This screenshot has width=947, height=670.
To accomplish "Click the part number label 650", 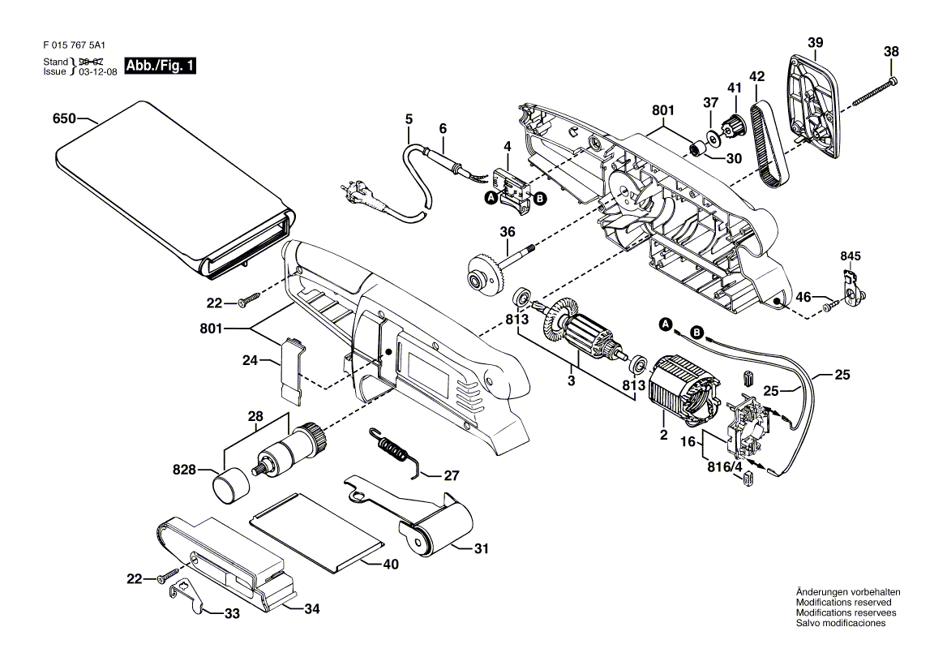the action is coord(64,118).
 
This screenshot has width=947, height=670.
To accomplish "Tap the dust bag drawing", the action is coord(174,191).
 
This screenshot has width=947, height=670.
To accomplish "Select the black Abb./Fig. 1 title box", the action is coord(160,66).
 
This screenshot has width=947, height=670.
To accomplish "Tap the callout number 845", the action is coord(851,256).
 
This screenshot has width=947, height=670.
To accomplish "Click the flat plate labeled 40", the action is coord(317,531).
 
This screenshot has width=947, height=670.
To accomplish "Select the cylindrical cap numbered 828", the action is coord(231,485).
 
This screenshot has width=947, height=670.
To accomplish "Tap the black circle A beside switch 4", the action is coord(491,198).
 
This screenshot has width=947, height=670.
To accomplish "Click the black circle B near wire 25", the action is coord(697,332).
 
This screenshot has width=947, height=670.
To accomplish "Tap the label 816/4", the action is coord(725,467).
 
